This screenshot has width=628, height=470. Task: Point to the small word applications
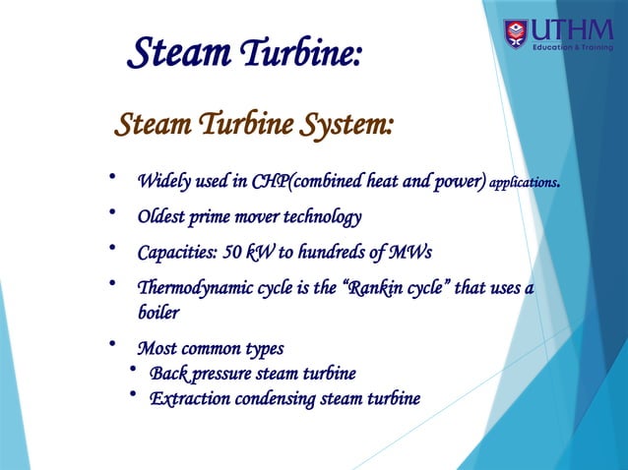524,182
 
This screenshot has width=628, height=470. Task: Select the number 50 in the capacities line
233,252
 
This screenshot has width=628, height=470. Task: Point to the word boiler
158,312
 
